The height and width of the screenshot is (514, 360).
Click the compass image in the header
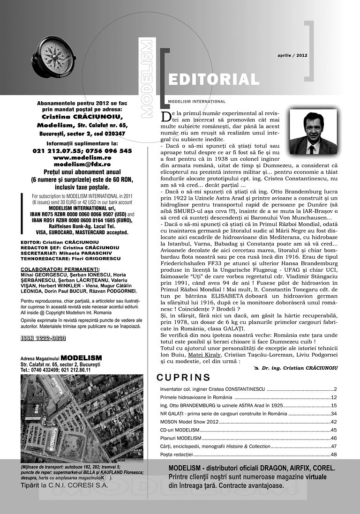(x=54, y=57)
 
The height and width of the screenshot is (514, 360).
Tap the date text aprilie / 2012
(x=292, y=55)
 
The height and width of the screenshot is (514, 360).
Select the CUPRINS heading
(x=183, y=378)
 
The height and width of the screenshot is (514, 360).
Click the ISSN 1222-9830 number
(x=43, y=338)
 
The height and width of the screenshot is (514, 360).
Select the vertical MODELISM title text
(x=147, y=77)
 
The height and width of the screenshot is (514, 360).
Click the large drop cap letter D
(x=165, y=116)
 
